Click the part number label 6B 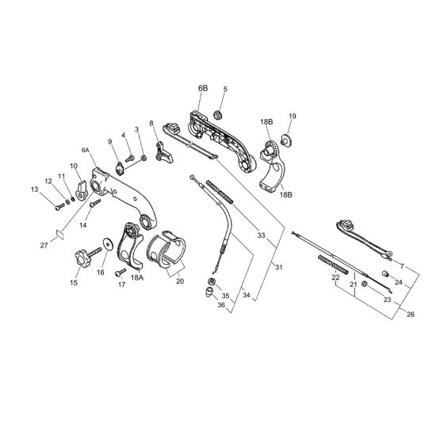tap(203, 88)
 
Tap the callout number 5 tap(224, 90)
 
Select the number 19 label tap(292, 117)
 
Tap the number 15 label tap(74, 282)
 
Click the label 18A tap(137, 278)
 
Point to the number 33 tap(262, 234)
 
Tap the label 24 tap(398, 281)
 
